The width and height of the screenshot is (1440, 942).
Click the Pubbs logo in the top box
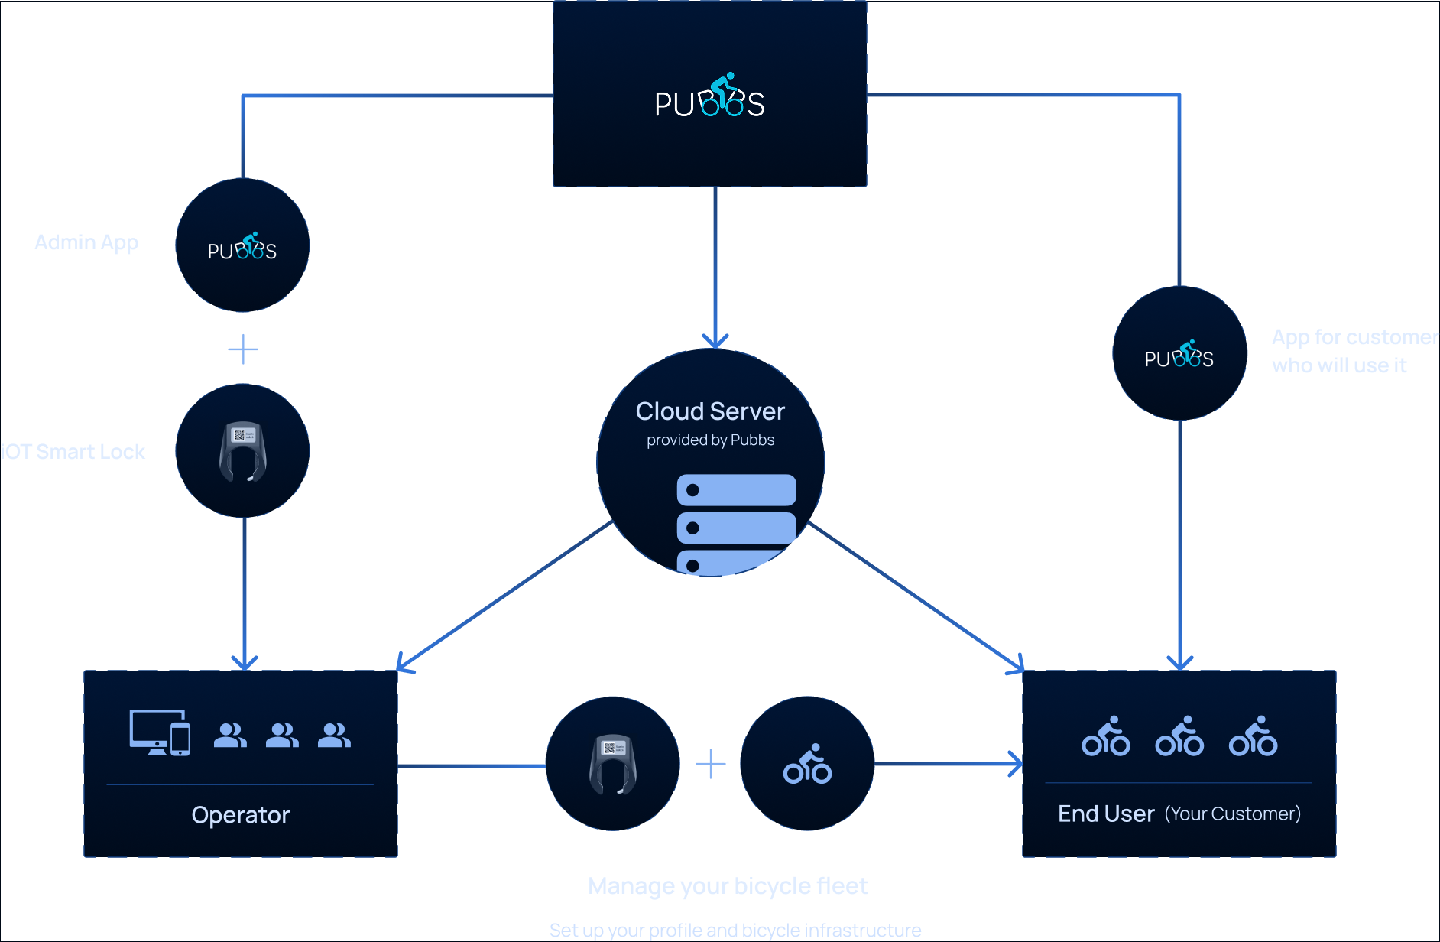[709, 97]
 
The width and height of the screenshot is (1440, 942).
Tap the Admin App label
[86, 242]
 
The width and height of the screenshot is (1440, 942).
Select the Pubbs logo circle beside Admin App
[242, 245]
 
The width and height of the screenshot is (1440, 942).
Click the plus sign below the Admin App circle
[243, 349]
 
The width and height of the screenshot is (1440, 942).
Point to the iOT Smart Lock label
[73, 452]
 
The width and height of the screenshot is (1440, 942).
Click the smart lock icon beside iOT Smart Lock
[243, 451]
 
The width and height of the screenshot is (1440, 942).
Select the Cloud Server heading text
[710, 411]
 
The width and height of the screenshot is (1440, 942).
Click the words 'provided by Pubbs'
[710, 440]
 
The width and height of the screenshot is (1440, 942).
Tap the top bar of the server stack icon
[736, 490]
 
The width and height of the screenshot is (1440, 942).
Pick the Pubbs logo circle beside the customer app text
[1179, 354]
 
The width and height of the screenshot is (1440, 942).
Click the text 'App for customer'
[1354, 337]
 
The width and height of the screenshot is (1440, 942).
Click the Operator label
[241, 815]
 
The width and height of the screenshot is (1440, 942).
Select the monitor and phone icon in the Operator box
[160, 732]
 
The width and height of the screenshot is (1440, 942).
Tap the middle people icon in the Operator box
[282, 735]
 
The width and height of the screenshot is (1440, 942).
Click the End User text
[1106, 814]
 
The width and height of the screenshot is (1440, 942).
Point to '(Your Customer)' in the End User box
[1232, 814]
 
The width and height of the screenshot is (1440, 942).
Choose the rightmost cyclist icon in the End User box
[1253, 736]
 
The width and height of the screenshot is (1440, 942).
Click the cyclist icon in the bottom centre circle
[807, 764]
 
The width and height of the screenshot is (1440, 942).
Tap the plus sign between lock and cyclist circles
[711, 764]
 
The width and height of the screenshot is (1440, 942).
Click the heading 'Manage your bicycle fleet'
[728, 886]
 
